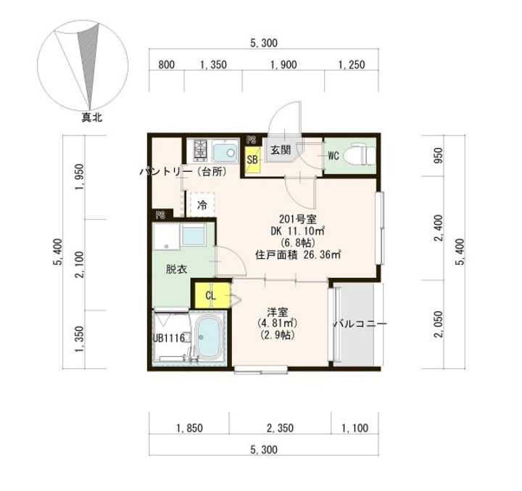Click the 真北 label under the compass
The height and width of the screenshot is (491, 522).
(x=91, y=115)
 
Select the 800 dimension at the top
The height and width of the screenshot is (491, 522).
(x=166, y=65)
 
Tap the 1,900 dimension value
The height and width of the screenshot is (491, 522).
(x=283, y=65)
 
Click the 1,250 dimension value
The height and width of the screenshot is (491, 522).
(x=351, y=65)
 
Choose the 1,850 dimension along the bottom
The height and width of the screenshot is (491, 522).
(x=189, y=429)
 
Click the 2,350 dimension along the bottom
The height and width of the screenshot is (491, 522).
(x=281, y=429)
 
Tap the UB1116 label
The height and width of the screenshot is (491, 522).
(x=167, y=338)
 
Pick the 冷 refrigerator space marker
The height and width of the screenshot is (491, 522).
(x=202, y=205)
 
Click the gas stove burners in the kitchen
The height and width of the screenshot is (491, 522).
(x=201, y=152)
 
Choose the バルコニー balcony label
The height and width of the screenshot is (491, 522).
(x=360, y=323)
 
